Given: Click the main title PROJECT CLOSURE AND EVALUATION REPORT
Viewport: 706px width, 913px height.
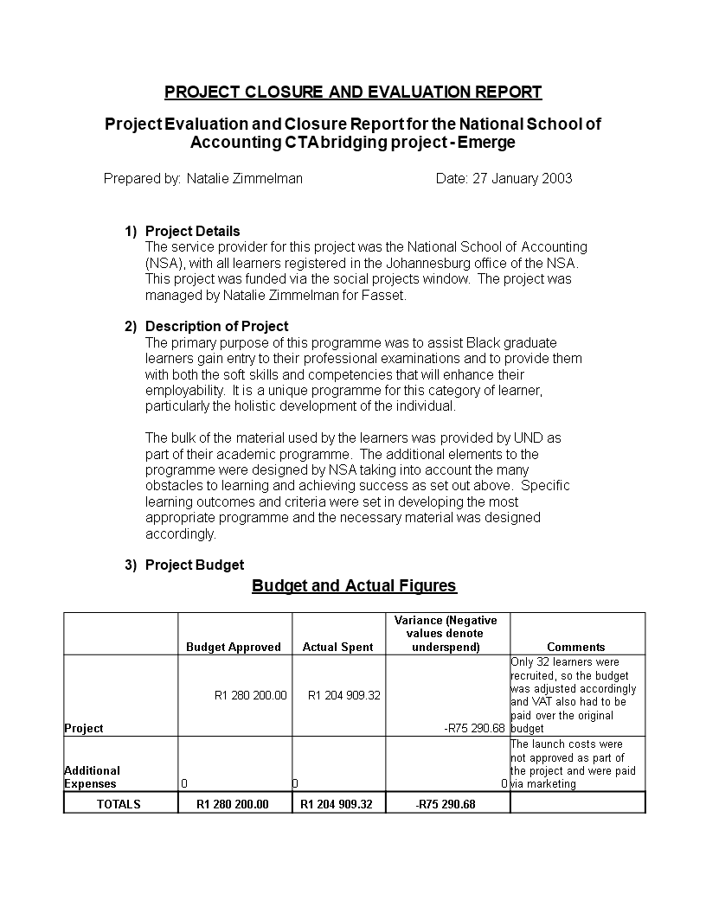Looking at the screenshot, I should click(x=353, y=93).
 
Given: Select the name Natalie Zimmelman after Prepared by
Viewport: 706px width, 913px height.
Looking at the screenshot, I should click(x=245, y=179).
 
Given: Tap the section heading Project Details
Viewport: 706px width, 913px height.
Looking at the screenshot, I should click(x=192, y=231).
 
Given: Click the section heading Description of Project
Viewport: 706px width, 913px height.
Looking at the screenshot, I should click(x=216, y=326).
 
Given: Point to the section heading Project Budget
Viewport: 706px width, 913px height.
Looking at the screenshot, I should click(x=194, y=565).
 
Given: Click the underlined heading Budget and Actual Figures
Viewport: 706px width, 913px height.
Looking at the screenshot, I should click(x=354, y=586).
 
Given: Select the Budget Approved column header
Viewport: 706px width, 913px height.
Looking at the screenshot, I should click(x=234, y=647).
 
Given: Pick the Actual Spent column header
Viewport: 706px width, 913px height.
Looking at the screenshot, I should click(x=338, y=647).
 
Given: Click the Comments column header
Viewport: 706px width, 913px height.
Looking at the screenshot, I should click(x=576, y=647).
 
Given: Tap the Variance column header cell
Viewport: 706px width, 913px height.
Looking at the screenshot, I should click(x=446, y=634).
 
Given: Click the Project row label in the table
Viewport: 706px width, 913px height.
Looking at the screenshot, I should click(x=84, y=728).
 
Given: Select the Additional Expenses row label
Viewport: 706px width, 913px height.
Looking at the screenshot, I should click(x=93, y=776).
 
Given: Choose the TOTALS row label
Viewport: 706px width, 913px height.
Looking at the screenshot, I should click(x=119, y=804).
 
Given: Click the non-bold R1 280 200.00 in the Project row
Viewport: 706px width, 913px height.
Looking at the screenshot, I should click(x=250, y=694).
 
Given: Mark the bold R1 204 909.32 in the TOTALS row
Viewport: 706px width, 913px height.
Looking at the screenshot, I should click(x=337, y=804).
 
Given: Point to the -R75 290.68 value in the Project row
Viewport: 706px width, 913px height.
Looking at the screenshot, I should click(x=473, y=728).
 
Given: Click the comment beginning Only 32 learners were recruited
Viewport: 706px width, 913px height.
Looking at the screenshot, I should click(x=574, y=695).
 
